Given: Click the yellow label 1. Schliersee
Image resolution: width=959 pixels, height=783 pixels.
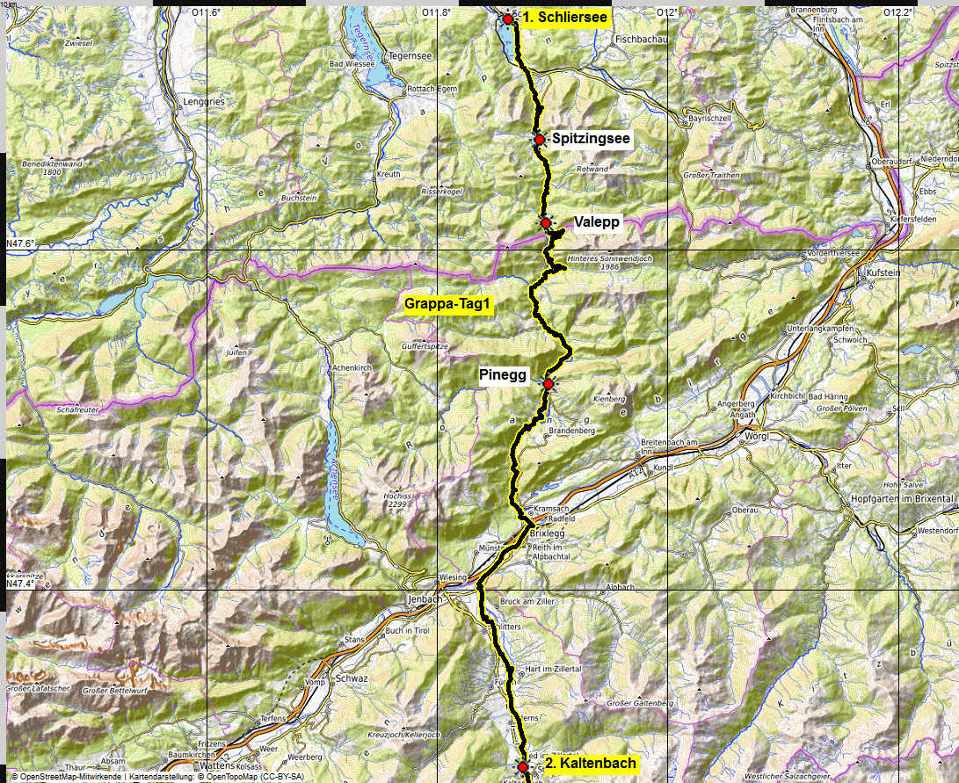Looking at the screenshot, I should pyautogui.click(x=564, y=17).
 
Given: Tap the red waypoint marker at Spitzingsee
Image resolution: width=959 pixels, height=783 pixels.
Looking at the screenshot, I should pyautogui.click(x=539, y=140).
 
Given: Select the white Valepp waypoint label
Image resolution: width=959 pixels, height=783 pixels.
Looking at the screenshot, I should pyautogui.click(x=596, y=222).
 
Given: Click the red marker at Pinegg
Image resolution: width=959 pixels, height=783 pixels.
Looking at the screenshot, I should pyautogui.click(x=548, y=384).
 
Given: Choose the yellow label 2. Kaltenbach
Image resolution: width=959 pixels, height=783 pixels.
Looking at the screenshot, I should pyautogui.click(x=590, y=763).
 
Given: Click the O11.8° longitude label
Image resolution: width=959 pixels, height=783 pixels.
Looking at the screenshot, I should pyautogui.click(x=436, y=12).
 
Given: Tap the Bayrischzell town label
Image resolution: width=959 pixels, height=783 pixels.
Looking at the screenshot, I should pyautogui.click(x=709, y=116).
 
